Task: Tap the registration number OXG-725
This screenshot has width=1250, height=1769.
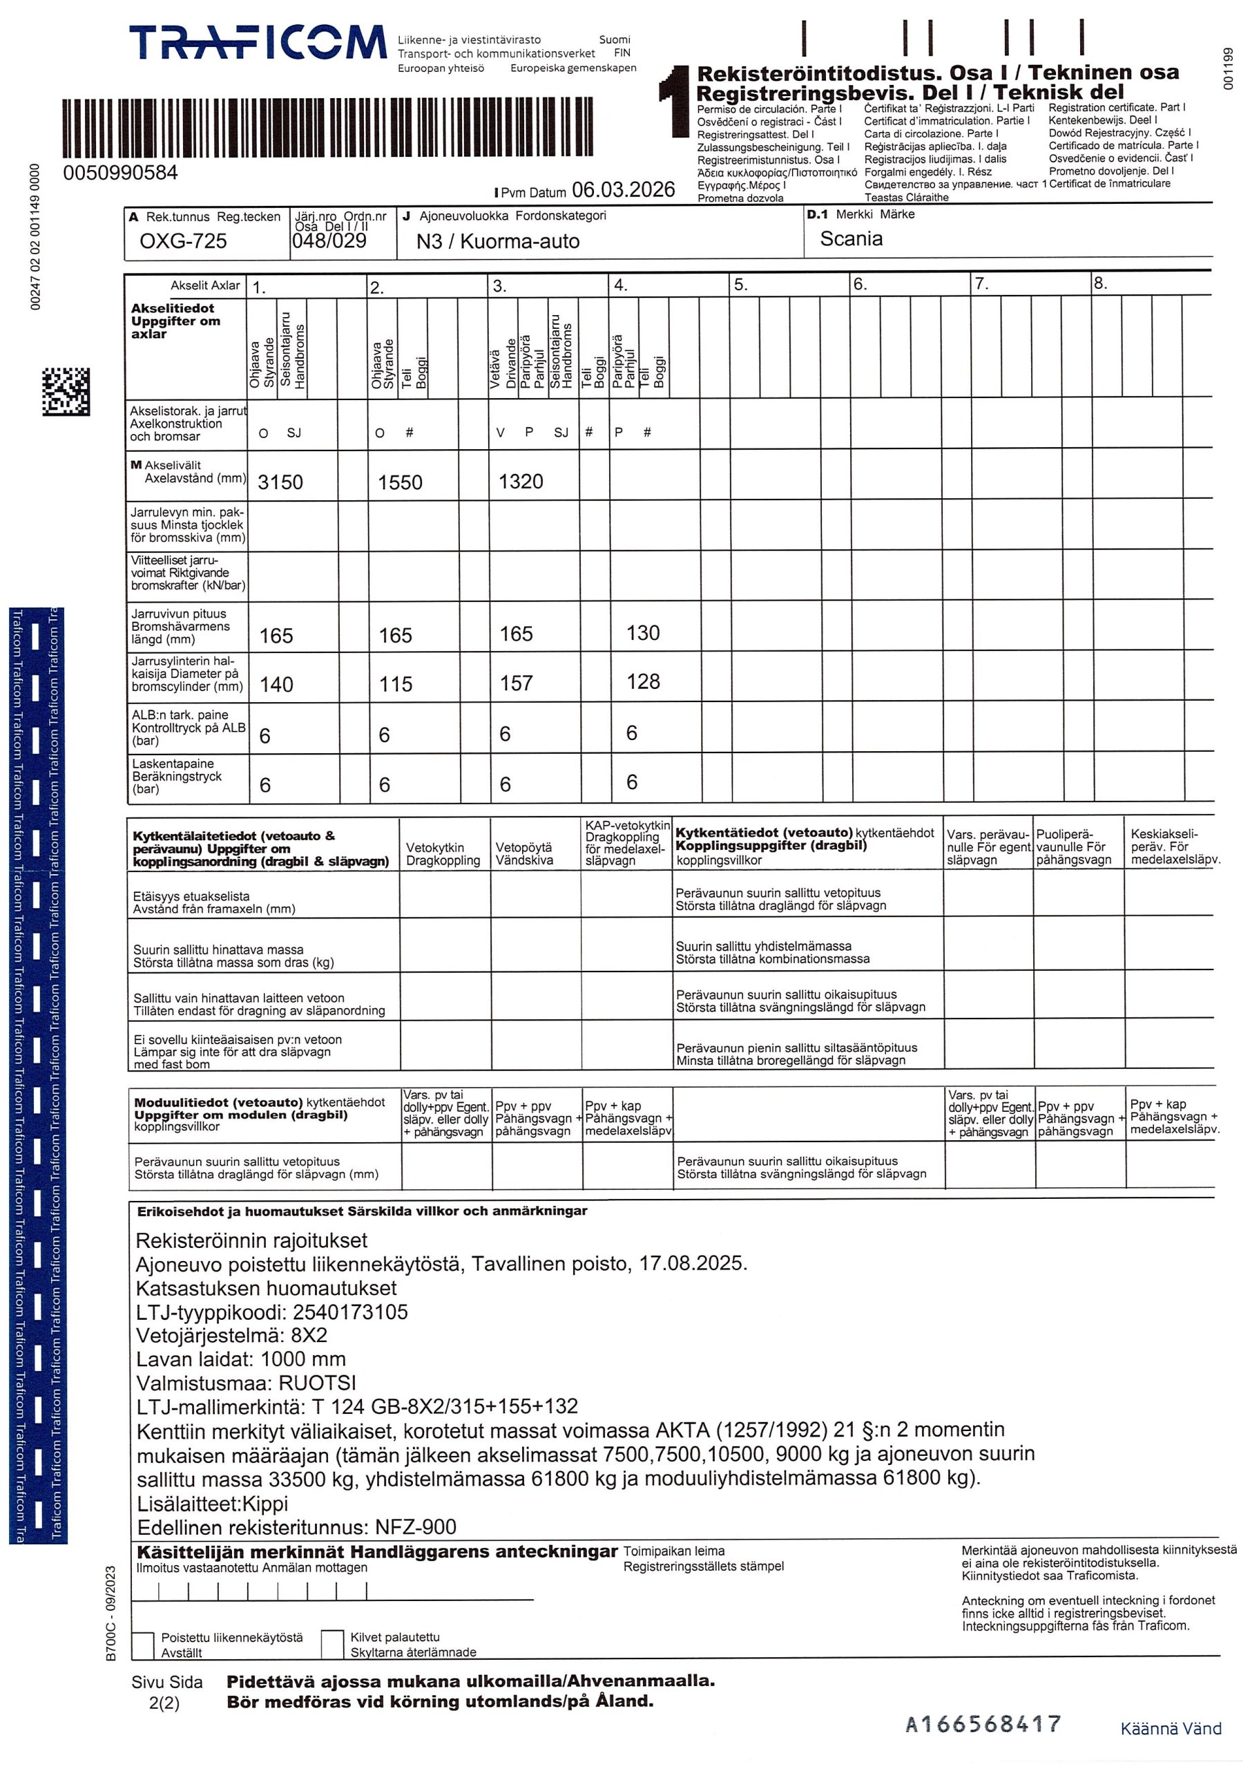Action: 182,241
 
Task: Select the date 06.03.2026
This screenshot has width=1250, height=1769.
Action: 623,189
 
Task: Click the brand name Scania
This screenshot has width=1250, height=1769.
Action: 851,239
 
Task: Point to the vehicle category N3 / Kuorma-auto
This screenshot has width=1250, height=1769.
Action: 497,242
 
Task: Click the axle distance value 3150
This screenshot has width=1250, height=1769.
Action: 280,482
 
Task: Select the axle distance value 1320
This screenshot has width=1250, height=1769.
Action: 521,482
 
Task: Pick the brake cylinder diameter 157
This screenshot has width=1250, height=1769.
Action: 516,683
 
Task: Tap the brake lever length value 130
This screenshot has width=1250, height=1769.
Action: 642,634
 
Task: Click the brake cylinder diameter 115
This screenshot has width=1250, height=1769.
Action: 395,684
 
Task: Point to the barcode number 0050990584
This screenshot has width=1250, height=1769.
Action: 120,173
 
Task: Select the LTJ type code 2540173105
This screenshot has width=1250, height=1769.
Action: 349,1312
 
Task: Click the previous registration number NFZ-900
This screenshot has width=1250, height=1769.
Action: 415,1527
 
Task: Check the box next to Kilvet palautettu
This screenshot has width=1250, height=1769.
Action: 332,1643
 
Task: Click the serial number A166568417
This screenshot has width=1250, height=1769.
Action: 983,1723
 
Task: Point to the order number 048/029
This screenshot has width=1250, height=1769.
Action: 329,240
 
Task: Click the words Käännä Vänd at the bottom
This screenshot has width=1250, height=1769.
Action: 1170,1728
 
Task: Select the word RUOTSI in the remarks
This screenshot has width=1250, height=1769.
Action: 316,1383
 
